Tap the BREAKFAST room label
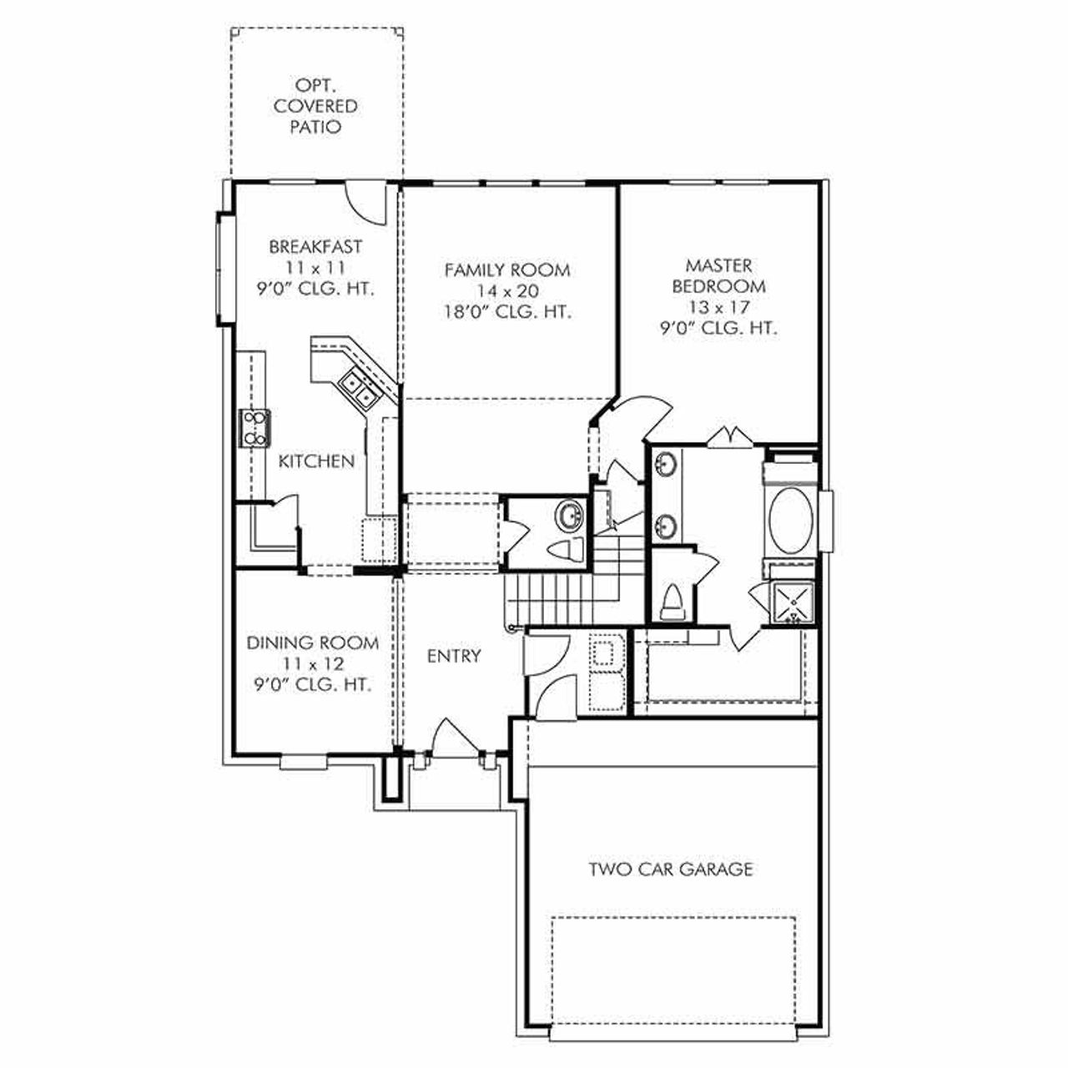tap(315, 247)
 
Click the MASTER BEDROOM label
tap(718, 275)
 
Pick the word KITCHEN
tap(316, 461)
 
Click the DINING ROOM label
tap(312, 643)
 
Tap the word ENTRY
tap(454, 657)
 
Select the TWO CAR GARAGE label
tap(671, 869)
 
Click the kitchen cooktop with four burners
tap(254, 427)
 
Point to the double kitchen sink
tap(360, 389)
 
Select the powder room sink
tap(572, 516)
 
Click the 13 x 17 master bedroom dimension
tap(718, 307)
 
